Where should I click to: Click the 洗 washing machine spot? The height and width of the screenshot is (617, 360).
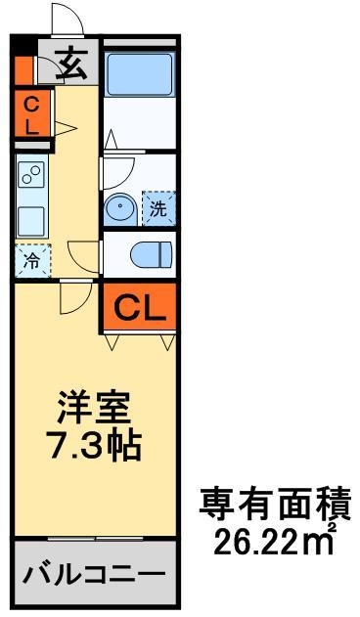point(157,207)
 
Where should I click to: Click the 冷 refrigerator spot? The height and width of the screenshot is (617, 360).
point(31,261)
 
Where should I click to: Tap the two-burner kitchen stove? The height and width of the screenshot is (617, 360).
point(31,177)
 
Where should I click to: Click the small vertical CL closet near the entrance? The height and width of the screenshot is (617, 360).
point(31,114)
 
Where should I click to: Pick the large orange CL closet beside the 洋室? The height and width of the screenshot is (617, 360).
point(140,307)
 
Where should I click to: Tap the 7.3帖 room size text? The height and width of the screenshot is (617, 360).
point(95,445)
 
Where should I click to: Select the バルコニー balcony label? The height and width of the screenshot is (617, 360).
point(95,572)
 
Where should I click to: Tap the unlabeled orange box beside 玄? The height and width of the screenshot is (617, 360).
point(23,68)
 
